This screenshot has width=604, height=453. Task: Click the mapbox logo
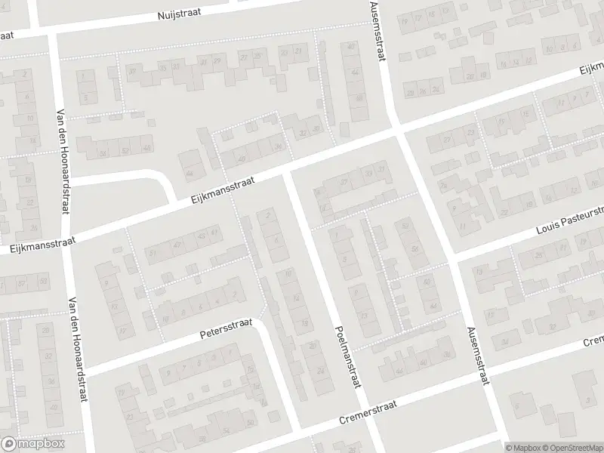coord(34,443)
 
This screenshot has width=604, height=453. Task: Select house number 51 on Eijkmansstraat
coord(153,254)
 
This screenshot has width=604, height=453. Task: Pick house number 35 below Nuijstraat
coord(163,66)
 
